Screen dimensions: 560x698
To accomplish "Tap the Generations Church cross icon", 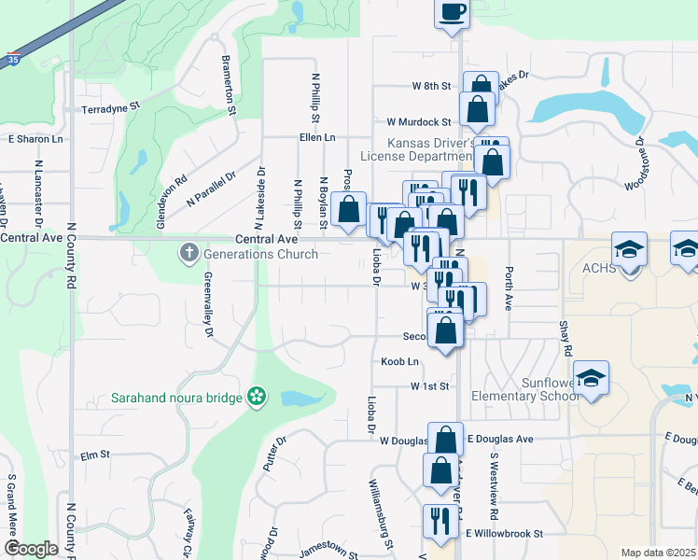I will pos(188,252).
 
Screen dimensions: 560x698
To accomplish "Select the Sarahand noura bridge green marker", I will pos(257,398).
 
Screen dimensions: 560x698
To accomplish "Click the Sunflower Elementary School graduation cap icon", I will pos(591,378).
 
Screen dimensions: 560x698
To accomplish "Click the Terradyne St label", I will pos(110,107).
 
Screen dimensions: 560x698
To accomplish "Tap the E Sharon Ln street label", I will pos(35,139).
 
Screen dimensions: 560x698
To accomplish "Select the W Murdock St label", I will pos(419,122).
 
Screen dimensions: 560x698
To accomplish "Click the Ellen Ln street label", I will pos(317,137).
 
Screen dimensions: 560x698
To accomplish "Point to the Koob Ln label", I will pos(399,361).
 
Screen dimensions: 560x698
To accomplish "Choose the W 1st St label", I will pos(430,385).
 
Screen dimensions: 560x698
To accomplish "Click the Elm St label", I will pos(95,455).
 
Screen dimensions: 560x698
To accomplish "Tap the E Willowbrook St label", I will pos(505,534).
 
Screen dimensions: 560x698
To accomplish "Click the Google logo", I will pos(30,549).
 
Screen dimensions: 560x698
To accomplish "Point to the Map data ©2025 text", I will pos(657,553).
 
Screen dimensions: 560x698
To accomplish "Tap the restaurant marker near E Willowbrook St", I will pos(436,521).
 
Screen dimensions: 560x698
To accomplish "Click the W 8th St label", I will pos(431,86).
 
